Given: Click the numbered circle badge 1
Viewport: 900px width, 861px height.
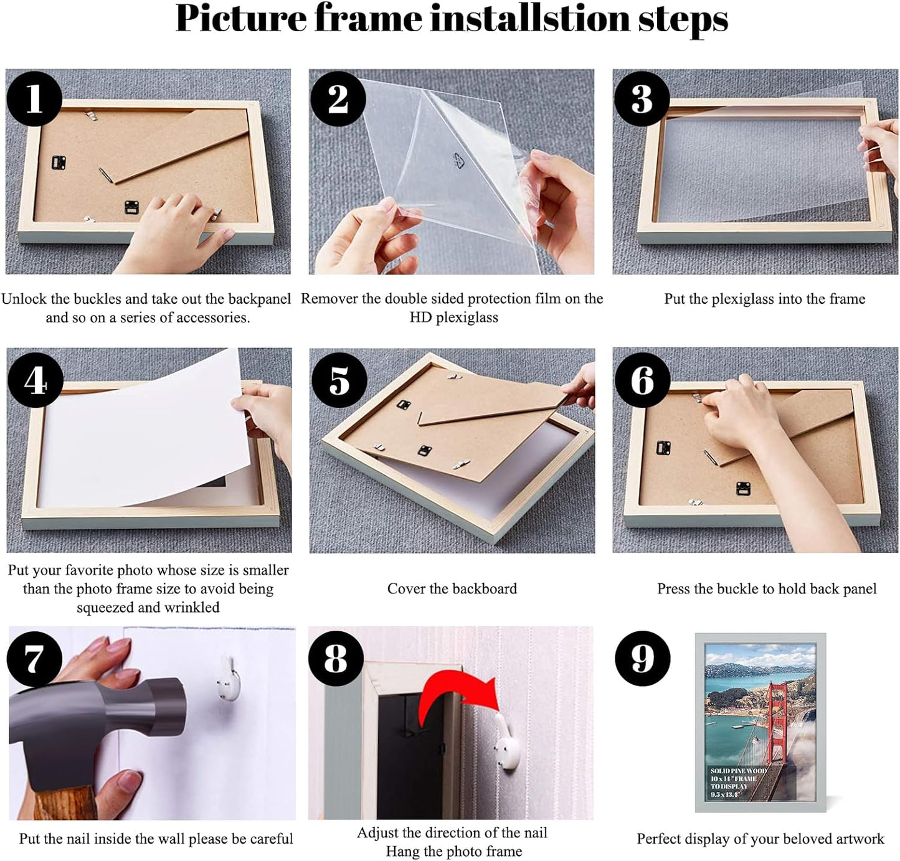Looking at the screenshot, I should click(x=34, y=98).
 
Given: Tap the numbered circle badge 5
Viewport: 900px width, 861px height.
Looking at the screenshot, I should click(x=338, y=380).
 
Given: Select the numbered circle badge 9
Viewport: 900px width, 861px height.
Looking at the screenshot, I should click(x=642, y=659).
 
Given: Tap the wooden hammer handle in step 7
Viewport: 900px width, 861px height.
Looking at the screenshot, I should click(x=62, y=803).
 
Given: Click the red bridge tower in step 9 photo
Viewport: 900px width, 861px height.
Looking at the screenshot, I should click(x=778, y=722).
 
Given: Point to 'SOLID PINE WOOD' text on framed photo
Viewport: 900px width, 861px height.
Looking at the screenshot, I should click(x=739, y=771).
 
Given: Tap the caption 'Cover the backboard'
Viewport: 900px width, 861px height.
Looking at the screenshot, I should click(x=452, y=589).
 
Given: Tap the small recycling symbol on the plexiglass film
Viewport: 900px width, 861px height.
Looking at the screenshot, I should click(x=459, y=161).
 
